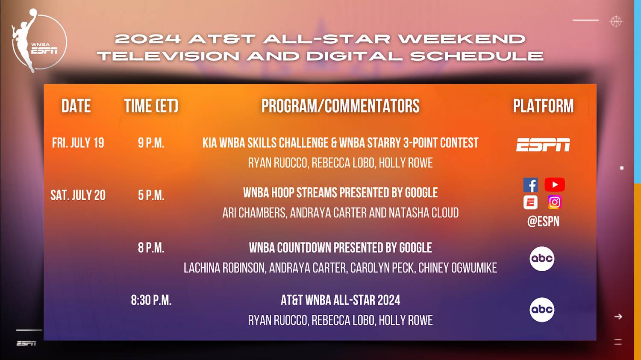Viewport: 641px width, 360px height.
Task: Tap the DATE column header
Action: point(76,106)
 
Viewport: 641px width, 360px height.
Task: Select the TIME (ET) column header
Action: point(151,106)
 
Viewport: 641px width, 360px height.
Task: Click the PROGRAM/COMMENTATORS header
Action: point(340,106)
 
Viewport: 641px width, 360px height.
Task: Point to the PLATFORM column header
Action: point(543,106)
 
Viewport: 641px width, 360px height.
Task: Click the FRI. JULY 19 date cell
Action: point(78,143)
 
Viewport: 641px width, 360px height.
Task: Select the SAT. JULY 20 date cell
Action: point(78,195)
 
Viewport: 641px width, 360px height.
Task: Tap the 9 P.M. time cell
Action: point(151,143)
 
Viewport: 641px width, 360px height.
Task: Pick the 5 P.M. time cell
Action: point(151,195)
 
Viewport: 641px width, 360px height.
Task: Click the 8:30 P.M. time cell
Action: point(151,300)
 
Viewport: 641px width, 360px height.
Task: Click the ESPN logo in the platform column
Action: point(543,145)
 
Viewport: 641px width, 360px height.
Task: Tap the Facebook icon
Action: point(531,185)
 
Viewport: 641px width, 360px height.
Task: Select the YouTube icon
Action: point(555,185)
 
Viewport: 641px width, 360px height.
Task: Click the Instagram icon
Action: point(555,202)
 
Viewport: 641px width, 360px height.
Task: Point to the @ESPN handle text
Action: point(543,221)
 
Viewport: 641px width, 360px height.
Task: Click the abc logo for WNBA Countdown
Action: point(542,259)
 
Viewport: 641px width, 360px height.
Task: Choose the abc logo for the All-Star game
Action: point(542,310)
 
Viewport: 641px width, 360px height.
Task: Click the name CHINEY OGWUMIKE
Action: point(458,268)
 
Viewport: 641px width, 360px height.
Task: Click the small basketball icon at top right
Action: point(616,21)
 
